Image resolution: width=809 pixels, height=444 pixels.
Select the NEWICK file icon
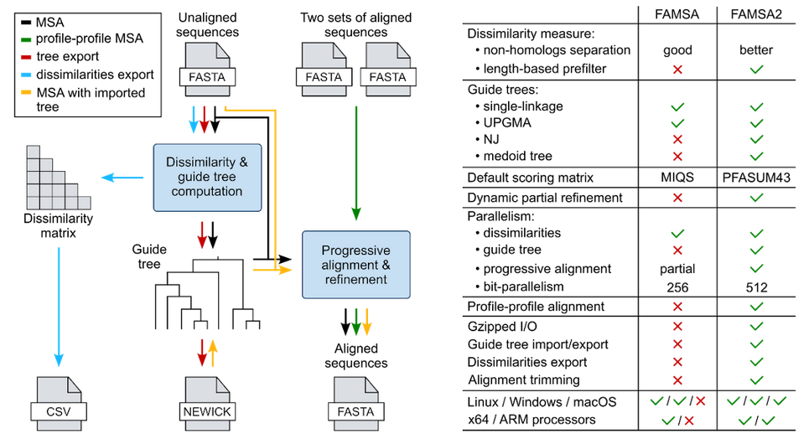pos(205,405)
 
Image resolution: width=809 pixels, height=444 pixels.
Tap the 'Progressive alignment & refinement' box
pos(355,264)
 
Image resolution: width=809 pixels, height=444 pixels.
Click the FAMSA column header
pos(677,14)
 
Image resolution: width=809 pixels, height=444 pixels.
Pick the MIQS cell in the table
pos(677,177)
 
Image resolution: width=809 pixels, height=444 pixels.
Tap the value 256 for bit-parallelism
pos(677,287)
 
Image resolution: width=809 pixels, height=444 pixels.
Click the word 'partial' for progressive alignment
pos(677,269)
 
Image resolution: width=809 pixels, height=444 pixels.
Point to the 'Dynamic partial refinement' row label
pos(544,198)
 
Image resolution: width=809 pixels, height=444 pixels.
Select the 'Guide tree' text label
pos(149,256)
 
